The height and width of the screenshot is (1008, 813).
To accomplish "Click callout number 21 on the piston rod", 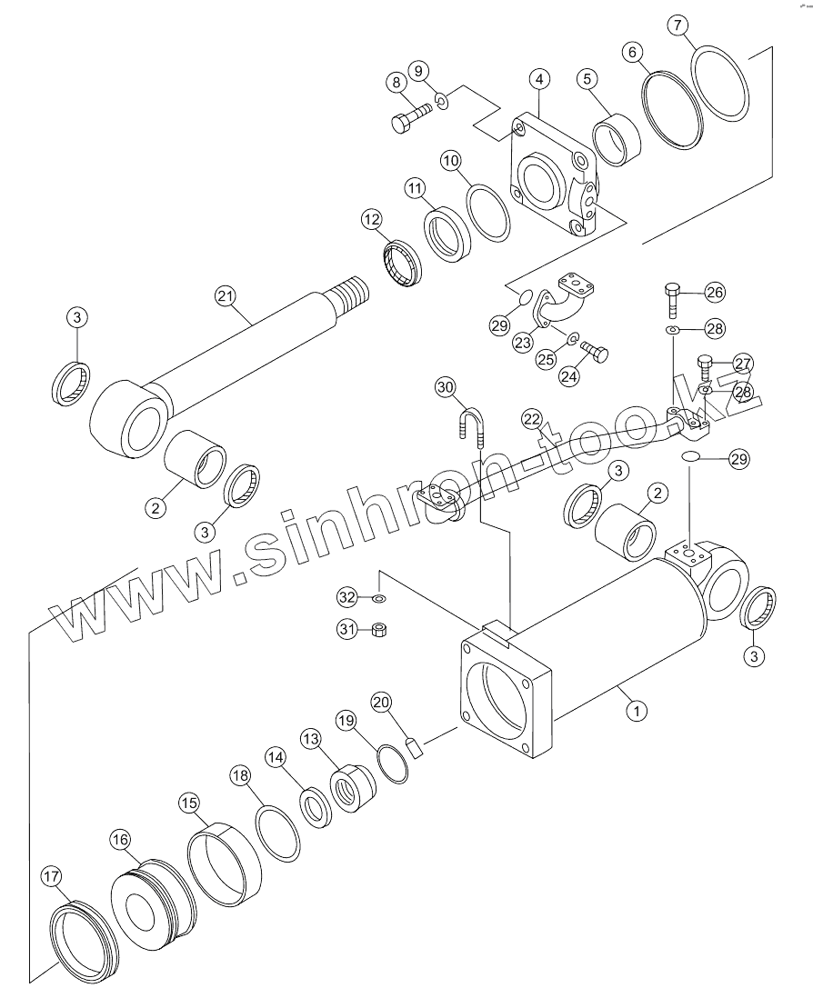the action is [x=225, y=295].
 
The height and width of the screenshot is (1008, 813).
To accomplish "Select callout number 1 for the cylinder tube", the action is [x=637, y=711].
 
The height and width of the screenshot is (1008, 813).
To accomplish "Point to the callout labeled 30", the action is [x=445, y=387].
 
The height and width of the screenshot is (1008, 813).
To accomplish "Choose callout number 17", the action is [x=52, y=877].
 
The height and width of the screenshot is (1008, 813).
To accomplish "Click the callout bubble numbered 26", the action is [x=715, y=292].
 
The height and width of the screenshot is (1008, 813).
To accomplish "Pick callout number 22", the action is [x=532, y=418].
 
